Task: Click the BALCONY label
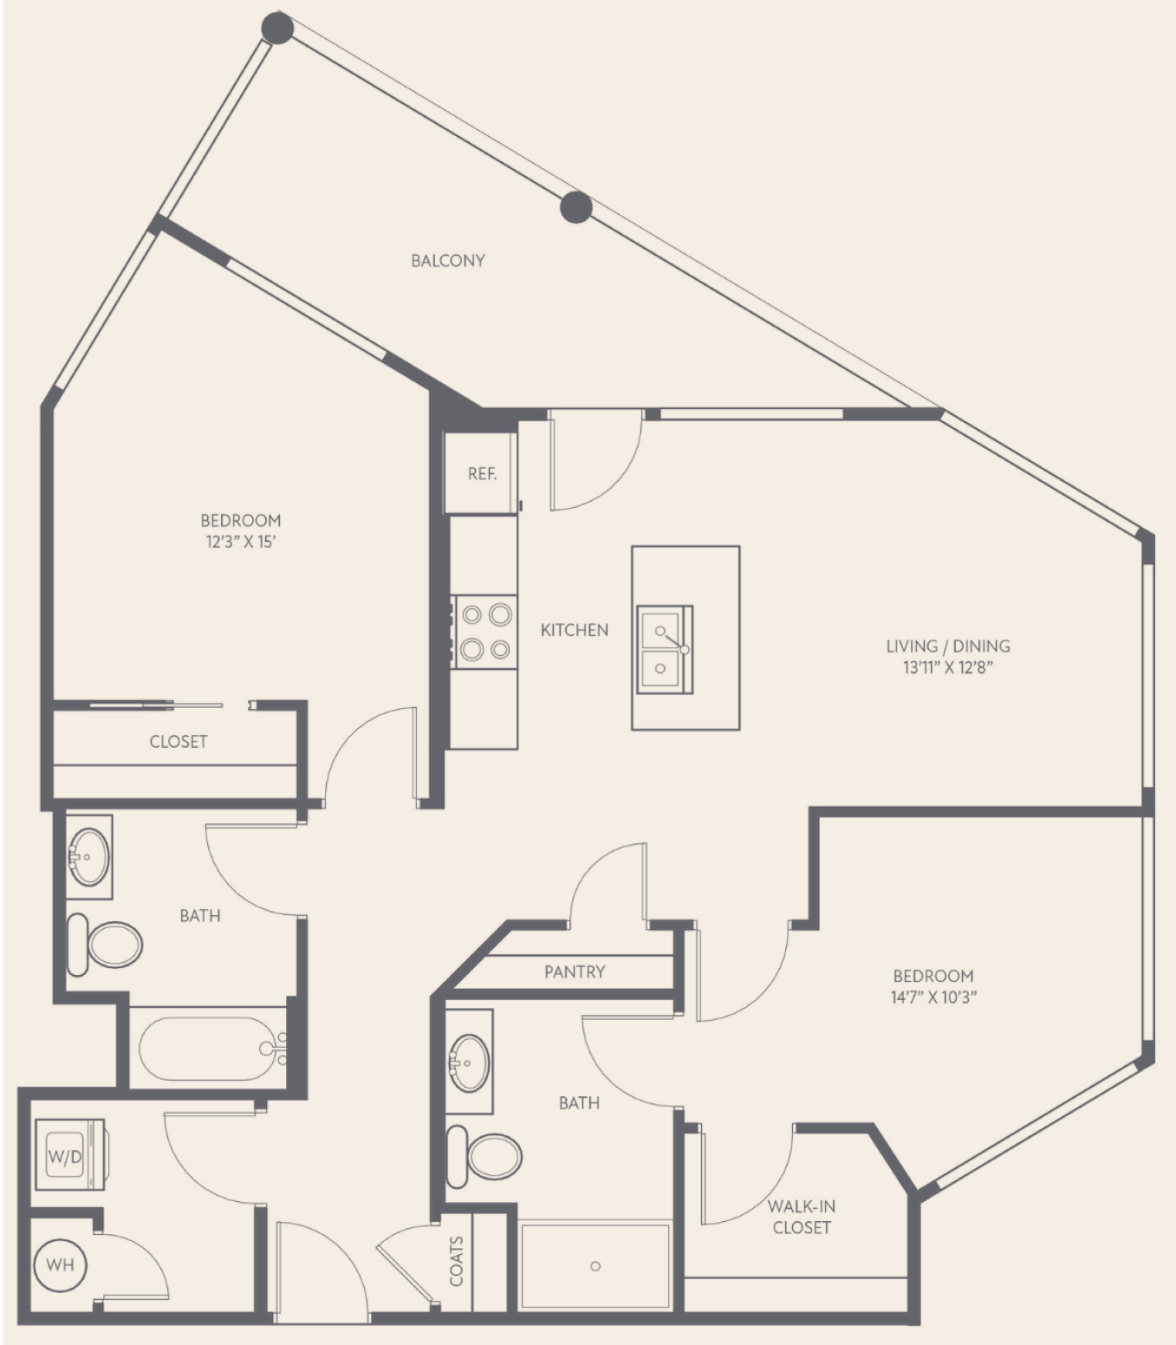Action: coord(448,261)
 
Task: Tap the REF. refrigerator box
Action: coord(480,472)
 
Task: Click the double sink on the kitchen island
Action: coord(665,649)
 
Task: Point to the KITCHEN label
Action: coord(575,630)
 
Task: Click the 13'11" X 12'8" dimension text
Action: coord(947,668)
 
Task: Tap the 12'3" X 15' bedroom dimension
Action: coord(240,543)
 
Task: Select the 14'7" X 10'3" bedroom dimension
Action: coord(933,997)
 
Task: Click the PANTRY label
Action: coord(575,971)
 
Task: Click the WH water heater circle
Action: coord(61,1264)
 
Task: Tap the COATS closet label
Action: coord(456,1261)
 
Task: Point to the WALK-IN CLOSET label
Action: coord(802,1217)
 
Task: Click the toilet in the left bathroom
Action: coord(105,945)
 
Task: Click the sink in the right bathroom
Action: coord(469,1062)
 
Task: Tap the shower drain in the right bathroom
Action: coord(594,1266)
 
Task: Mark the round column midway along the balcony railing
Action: coord(575,207)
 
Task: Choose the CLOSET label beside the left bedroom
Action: coord(179,742)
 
